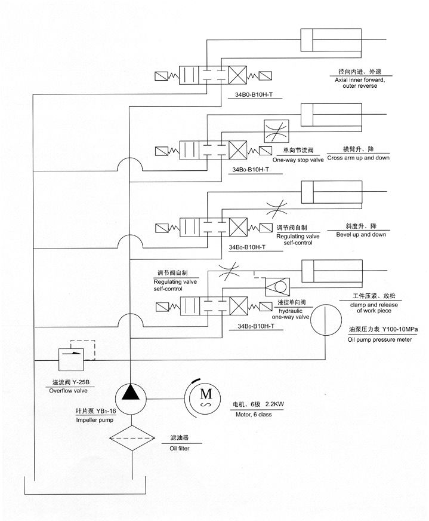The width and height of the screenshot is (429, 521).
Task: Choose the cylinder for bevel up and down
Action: coord(316,192)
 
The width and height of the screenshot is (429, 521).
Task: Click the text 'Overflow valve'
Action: coord(68,390)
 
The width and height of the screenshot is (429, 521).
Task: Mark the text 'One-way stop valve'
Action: coord(298,160)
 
